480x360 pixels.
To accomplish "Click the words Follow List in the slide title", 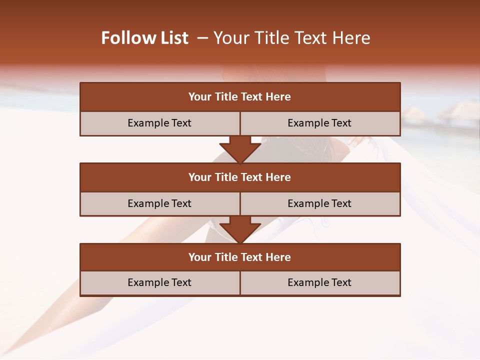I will click(145, 38).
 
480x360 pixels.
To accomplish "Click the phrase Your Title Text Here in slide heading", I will click(292, 38).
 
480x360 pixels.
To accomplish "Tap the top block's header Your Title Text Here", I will click(239, 97).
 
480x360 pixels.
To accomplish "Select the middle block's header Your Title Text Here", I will click(239, 177).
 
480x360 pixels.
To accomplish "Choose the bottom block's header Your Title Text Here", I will click(239, 257).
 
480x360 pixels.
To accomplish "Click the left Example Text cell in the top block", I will click(159, 123).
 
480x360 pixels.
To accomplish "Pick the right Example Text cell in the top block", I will click(319, 123).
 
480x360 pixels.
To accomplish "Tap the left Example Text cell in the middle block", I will click(159, 203).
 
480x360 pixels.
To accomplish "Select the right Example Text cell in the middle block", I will click(319, 203).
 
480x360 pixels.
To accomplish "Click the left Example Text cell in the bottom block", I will click(159, 282).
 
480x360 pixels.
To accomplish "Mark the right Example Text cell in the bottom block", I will click(319, 282).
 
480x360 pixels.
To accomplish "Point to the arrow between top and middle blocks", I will click(240, 149).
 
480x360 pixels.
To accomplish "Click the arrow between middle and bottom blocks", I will click(240, 229).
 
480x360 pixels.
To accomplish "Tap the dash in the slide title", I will click(202, 38).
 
